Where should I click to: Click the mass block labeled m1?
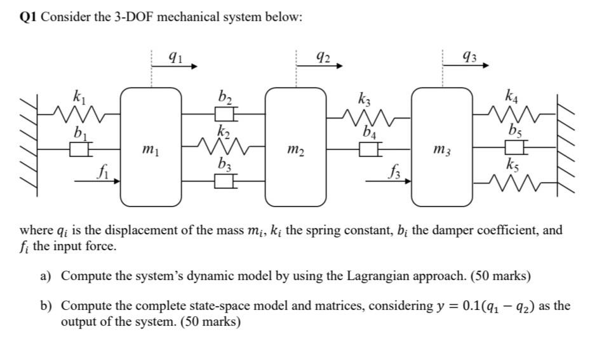(151, 147)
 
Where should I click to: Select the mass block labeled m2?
(295, 147)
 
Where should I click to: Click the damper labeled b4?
(368, 150)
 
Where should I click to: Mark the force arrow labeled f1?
(97, 181)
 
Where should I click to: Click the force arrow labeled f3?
(387, 181)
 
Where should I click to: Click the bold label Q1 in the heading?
(29, 17)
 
